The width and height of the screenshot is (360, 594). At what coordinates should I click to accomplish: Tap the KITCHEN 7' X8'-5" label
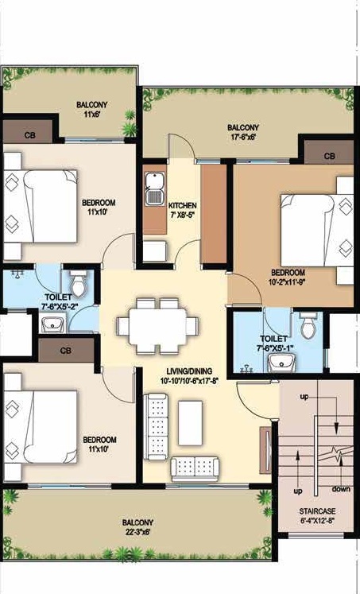pos(183,210)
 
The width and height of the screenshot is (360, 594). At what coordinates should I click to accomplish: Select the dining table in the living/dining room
pos(157,326)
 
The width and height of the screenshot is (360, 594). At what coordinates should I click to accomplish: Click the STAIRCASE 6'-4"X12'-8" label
pos(317,515)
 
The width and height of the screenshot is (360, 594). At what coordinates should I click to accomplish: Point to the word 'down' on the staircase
pos(341,489)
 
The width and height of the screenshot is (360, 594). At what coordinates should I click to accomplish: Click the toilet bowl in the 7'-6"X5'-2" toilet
pos(79,284)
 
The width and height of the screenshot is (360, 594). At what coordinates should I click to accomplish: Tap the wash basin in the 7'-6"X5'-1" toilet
pos(281,363)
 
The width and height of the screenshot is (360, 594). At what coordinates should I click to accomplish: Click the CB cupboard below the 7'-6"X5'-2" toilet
pos(66,351)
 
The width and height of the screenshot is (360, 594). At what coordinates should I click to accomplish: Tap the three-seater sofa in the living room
pos(156,426)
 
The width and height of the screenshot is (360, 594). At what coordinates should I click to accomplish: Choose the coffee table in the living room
pos(190,423)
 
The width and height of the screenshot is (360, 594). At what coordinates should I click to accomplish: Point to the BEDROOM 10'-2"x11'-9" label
pos(288,277)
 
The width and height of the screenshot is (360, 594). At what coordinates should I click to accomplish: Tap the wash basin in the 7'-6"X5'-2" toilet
pos(53,325)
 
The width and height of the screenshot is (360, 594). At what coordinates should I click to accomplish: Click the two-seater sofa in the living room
pos(195,468)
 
